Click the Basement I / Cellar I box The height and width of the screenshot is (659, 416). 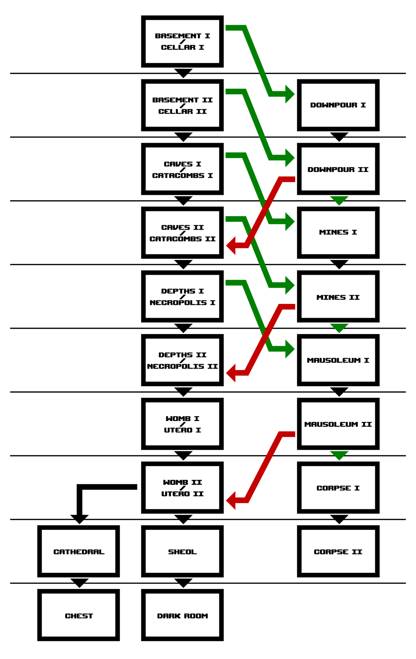click(x=182, y=42)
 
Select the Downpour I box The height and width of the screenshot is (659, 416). click(x=338, y=105)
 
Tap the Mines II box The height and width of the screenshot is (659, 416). click(x=338, y=297)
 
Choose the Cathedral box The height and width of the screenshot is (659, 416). click(x=79, y=552)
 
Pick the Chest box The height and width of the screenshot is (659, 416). click(x=79, y=615)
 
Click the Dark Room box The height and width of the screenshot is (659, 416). click(x=182, y=615)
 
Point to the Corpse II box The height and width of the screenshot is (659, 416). click(x=338, y=552)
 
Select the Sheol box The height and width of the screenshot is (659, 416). click(x=182, y=552)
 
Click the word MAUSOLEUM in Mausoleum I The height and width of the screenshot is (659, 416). click(x=333, y=360)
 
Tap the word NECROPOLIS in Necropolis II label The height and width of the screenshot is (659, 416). click(x=175, y=366)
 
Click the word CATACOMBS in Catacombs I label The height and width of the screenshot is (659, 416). click(x=178, y=176)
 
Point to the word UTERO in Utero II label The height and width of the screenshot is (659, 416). click(x=175, y=494)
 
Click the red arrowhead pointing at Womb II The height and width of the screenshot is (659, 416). click(x=231, y=500)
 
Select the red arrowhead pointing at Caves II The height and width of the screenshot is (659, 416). click(x=231, y=246)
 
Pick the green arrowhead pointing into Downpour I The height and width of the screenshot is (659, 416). click(x=289, y=94)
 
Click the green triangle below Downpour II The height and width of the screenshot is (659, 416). click(x=339, y=200)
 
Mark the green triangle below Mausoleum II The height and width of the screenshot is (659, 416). click(x=339, y=455)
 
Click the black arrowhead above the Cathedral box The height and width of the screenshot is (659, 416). click(x=79, y=519)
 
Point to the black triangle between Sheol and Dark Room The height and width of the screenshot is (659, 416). click(x=183, y=582)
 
